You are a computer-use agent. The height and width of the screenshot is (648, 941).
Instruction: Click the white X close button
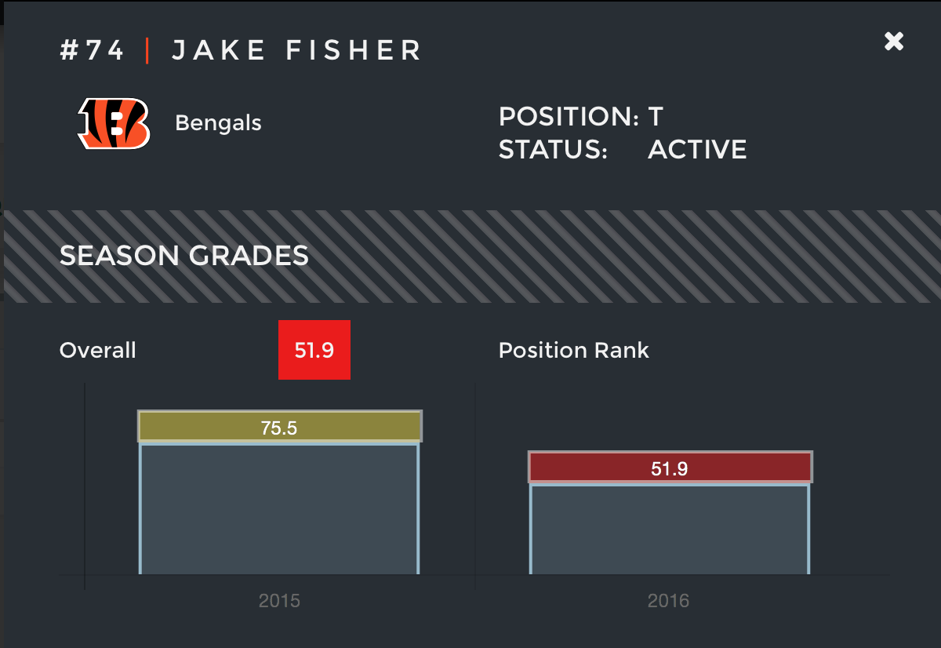[894, 42]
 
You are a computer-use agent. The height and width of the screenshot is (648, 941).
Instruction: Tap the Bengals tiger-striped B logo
[114, 123]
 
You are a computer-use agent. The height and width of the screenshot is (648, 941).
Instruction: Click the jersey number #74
[92, 51]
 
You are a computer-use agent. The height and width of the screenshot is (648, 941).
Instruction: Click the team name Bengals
[218, 123]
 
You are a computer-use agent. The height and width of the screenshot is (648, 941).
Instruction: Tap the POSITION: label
[569, 117]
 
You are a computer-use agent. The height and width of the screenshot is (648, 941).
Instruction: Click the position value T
[656, 117]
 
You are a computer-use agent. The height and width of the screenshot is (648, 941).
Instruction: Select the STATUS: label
[553, 149]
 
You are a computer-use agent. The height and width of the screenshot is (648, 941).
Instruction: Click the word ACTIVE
[697, 149]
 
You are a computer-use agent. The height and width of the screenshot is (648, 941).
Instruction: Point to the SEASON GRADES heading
[184, 255]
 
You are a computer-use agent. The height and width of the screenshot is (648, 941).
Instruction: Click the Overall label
[97, 350]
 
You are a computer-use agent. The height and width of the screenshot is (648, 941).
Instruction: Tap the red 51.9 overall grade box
[314, 350]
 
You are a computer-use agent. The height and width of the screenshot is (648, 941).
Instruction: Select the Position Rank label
[573, 350]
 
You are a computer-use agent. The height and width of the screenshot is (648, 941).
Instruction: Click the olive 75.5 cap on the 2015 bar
[279, 427]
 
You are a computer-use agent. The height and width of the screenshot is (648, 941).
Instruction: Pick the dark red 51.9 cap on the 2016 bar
[669, 468]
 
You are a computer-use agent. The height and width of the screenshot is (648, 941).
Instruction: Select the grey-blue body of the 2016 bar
[669, 529]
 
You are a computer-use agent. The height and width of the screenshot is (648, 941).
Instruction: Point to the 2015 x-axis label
[279, 601]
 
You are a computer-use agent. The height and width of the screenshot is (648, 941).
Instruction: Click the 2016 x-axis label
[668, 601]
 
